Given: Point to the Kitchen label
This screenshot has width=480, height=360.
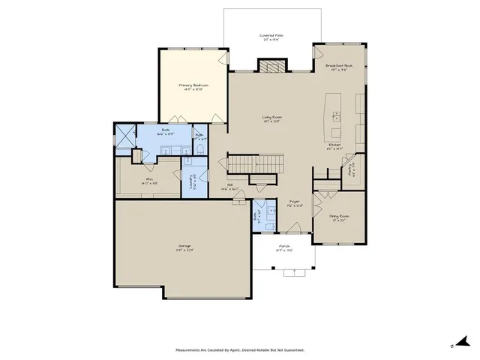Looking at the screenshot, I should point(335,145).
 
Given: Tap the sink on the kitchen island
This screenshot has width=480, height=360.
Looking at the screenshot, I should point(335,115).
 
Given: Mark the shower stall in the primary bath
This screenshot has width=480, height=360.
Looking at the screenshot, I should point(124,135).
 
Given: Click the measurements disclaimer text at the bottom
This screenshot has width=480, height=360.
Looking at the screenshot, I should point(240,349).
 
